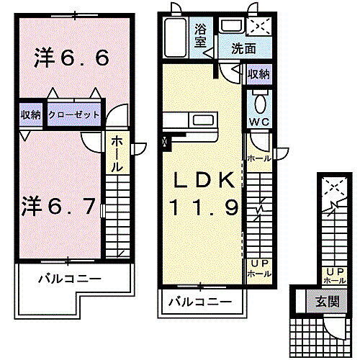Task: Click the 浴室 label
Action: (x=201, y=36)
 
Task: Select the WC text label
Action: (x=258, y=121)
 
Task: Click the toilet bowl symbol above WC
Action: (x=260, y=99)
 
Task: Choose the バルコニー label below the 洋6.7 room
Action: (x=71, y=279)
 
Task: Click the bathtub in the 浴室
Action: (x=176, y=34)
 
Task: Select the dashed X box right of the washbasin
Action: (x=257, y=26)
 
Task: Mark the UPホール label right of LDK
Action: (x=258, y=269)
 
